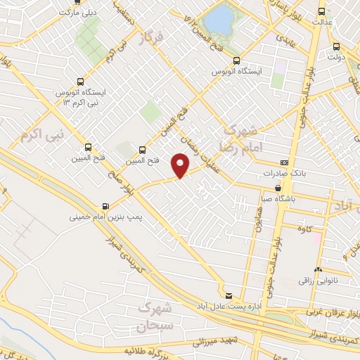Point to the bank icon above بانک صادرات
point(284,162)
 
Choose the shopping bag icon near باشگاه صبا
point(279,188)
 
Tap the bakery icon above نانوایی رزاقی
point(319,270)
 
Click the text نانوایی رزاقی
point(319,281)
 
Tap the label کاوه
point(304,229)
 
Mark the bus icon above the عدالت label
point(322,11)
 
